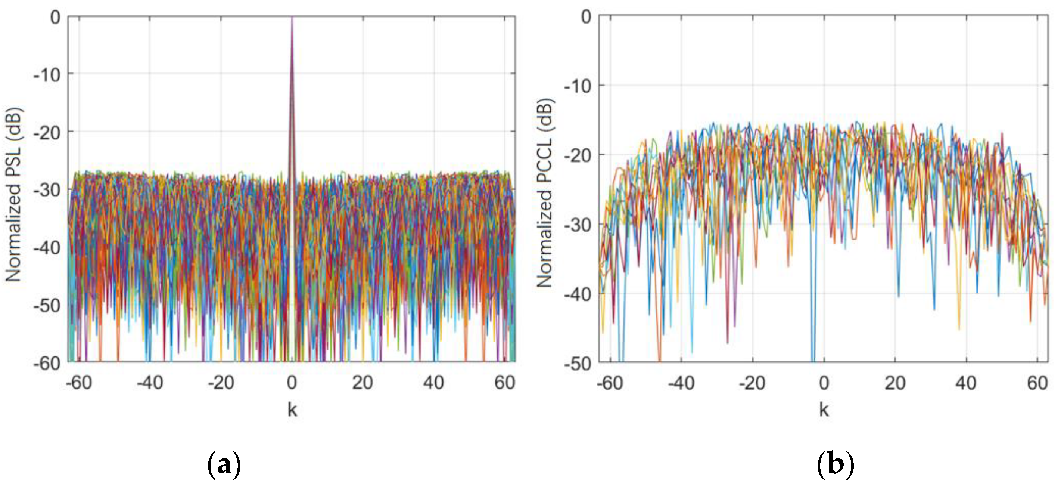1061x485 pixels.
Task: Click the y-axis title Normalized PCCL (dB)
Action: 545,192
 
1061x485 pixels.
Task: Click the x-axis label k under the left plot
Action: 292,410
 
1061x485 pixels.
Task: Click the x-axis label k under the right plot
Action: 824,410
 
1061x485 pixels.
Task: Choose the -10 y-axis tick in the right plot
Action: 577,87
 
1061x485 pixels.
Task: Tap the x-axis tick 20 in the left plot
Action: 363,383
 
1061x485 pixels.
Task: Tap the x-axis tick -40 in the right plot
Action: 681,384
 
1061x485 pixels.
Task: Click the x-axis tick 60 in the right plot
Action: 1037,384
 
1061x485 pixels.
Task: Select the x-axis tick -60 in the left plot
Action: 79,383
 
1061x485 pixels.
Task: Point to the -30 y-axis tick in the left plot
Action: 47,190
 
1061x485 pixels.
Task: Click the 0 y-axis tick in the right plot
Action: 586,17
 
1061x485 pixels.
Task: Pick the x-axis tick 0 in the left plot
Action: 292,383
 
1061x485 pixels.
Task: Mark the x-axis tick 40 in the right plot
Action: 966,384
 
